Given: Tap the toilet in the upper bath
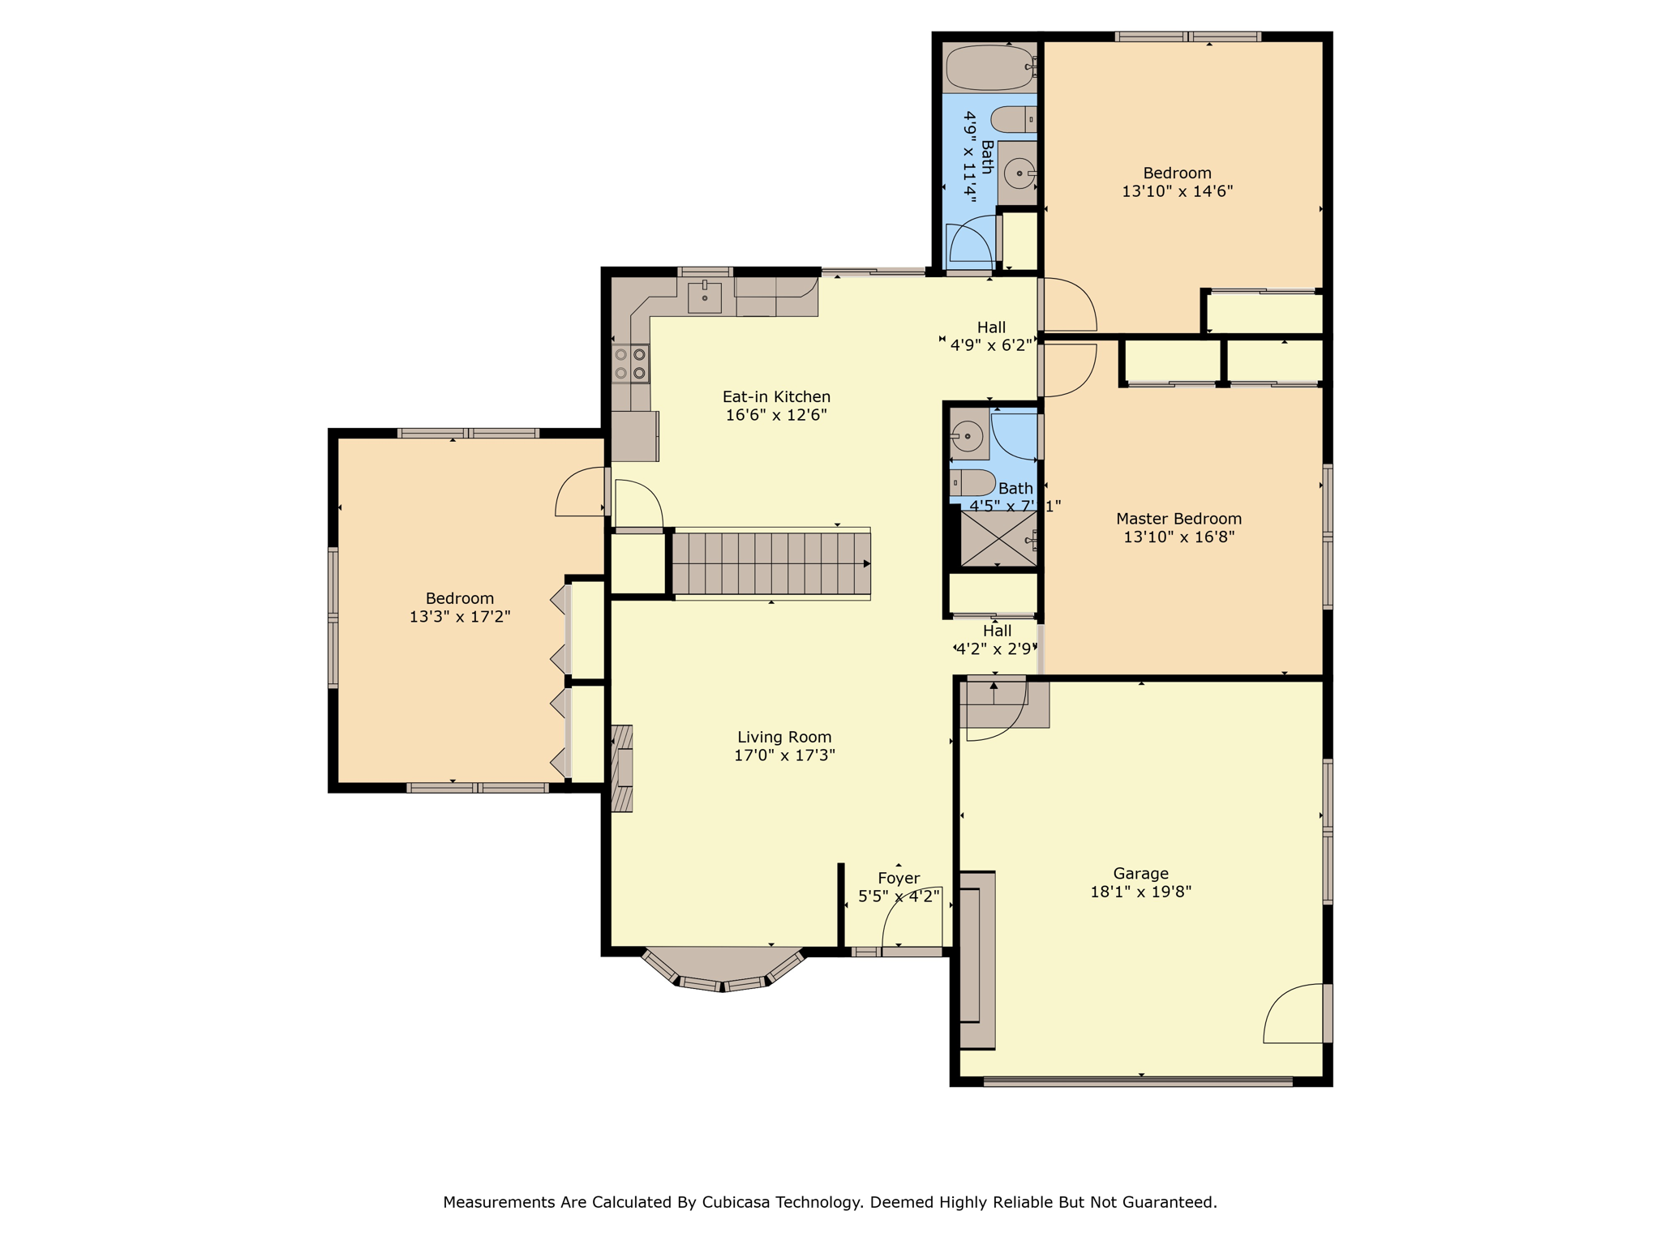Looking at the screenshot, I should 1013,120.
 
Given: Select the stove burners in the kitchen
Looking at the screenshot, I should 630,364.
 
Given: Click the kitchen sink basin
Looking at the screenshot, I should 704,297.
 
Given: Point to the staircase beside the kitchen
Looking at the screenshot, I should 770,563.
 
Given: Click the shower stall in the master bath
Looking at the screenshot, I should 998,538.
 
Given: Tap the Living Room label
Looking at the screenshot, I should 783,737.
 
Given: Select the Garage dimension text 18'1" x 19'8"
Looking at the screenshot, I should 1140,892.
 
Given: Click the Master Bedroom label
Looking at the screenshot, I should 1178,519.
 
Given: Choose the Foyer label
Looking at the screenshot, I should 899,878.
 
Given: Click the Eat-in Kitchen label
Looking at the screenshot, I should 776,396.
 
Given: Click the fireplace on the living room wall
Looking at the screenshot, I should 621,768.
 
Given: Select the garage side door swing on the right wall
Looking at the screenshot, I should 1294,1015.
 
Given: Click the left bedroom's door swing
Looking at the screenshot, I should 581,492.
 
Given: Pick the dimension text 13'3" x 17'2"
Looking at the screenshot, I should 459,617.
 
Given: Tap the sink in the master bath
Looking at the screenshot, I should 967,437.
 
